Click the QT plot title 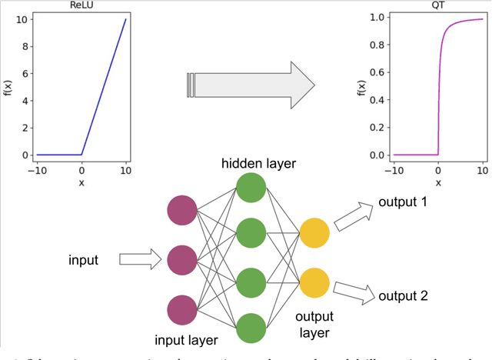click(x=438, y=7)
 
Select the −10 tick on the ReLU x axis click(x=37, y=170)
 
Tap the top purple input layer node click(x=182, y=211)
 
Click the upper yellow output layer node click(x=314, y=233)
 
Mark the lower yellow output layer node click(x=314, y=282)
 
